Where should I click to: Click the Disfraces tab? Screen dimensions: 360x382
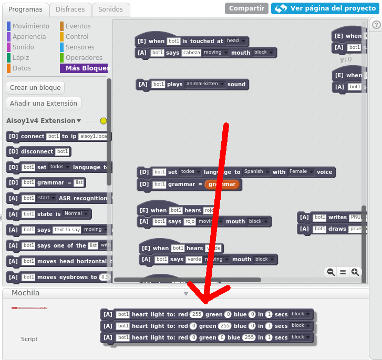(70, 9)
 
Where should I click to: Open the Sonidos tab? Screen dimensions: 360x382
(110, 9)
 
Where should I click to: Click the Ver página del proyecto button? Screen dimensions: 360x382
(324, 8)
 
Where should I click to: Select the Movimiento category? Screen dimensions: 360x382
(30, 26)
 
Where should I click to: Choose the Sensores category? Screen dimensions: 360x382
(80, 47)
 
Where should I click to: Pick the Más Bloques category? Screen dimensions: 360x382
(86, 68)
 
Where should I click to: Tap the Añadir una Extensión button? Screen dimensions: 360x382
(44, 104)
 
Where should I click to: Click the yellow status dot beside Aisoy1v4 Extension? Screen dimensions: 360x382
(103, 121)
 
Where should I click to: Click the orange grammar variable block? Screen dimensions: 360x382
(222, 184)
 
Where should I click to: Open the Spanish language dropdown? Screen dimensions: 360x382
(256, 172)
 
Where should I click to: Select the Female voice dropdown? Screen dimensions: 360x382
(301, 172)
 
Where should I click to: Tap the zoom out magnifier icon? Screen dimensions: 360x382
(331, 272)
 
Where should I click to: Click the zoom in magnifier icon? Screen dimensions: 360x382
(355, 272)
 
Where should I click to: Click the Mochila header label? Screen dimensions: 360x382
(26, 293)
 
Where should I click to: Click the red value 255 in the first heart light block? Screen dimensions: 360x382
(197, 314)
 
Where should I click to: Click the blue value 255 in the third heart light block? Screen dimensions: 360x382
(249, 337)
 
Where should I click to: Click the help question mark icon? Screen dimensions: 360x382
(376, 25)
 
